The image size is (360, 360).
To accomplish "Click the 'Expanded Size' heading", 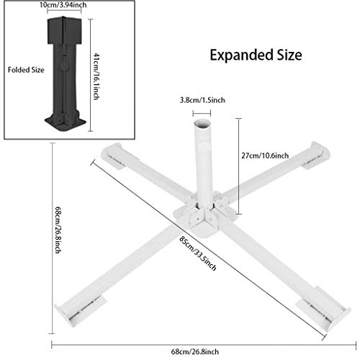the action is pyautogui.click(x=256, y=55).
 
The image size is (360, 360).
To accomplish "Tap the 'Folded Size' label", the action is pyautogui.click(x=26, y=70).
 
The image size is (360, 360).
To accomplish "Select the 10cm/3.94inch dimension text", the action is pyautogui.click(x=63, y=5).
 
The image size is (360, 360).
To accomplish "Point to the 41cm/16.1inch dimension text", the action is pyautogui.click(x=96, y=76).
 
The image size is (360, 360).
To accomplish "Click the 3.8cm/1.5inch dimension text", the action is pyautogui.click(x=202, y=100).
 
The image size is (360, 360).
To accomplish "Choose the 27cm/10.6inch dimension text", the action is pyautogui.click(x=265, y=156).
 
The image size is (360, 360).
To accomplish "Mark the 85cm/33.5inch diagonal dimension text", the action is pyautogui.click(x=198, y=253).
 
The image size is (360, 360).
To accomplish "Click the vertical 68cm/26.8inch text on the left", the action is pyautogui.click(x=58, y=230).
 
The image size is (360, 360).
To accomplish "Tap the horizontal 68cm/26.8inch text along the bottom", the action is pyautogui.click(x=195, y=352).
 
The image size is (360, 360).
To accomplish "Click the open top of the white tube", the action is pyautogui.click(x=202, y=124).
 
